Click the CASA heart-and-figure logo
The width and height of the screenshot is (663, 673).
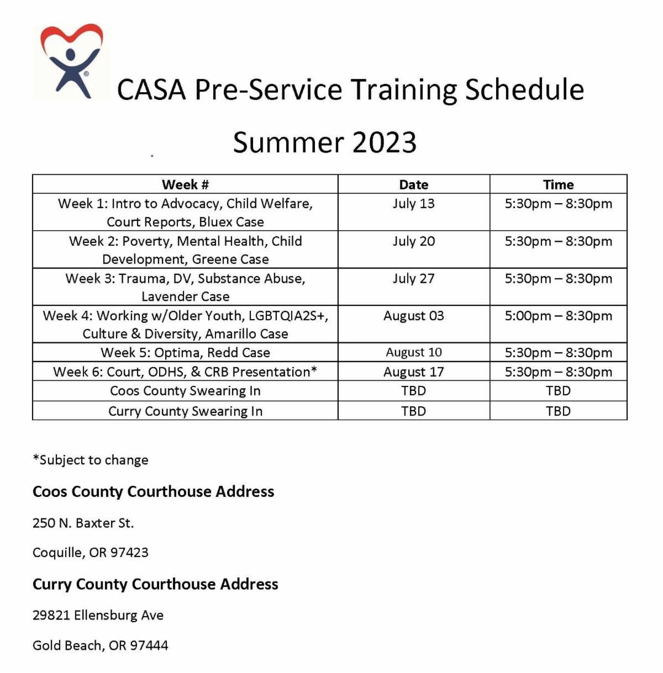click(71, 61)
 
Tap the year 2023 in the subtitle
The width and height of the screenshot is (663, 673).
click(385, 142)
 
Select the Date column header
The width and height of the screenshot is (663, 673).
click(414, 184)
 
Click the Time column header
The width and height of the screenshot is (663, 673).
click(558, 184)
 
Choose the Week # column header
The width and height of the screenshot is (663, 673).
click(185, 184)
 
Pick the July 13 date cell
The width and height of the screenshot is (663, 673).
click(414, 204)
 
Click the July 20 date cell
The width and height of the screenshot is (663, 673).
click(414, 241)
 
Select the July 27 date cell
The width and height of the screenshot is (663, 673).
click(414, 279)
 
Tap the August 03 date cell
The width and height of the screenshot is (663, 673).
click(414, 316)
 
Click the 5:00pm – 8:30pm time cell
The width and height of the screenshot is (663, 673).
click(558, 316)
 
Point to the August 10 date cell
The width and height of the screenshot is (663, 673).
click(414, 352)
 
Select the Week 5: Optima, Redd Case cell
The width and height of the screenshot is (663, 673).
click(185, 352)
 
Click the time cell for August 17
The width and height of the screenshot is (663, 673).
click(558, 372)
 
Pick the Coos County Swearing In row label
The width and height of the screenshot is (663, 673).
click(185, 391)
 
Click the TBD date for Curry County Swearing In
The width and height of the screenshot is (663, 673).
click(414, 411)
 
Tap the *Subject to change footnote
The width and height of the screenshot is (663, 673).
click(91, 460)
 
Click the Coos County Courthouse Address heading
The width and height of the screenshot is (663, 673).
click(153, 491)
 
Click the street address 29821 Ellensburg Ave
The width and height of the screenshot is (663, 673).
click(98, 615)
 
